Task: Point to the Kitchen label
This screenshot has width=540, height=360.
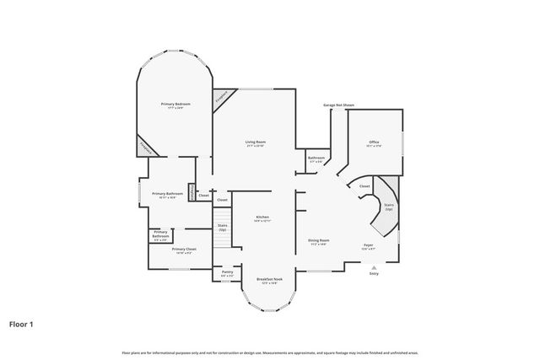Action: pyautogui.click(x=262, y=218)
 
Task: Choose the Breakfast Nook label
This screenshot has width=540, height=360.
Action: pyautogui.click(x=270, y=281)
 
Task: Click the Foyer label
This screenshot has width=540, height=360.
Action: pyautogui.click(x=370, y=247)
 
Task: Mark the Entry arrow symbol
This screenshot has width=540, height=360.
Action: pyautogui.click(x=374, y=269)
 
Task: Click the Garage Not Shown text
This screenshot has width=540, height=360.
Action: pyautogui.click(x=338, y=105)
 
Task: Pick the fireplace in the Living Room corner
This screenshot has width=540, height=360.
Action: pyautogui.click(x=222, y=98)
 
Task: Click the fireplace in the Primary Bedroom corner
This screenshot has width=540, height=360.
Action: pyautogui.click(x=148, y=146)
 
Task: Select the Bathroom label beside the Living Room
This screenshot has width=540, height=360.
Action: pyautogui.click(x=316, y=159)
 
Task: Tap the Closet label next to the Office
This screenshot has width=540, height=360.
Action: pyautogui.click(x=364, y=186)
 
